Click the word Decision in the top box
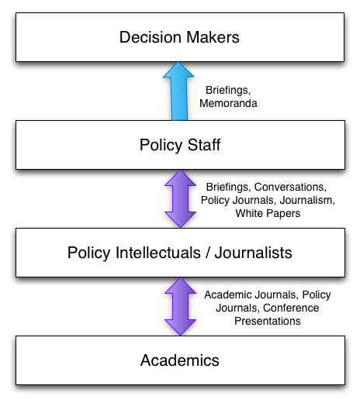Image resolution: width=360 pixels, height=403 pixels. coord(150,37)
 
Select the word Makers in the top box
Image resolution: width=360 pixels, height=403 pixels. coord(213,37)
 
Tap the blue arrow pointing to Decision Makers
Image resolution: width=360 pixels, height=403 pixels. coord(178,91)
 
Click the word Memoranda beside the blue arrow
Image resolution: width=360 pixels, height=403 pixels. coord(228,103)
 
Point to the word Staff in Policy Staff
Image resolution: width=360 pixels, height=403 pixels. coord(204,145)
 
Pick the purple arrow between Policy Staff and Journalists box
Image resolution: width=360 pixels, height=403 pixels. coord(180,198)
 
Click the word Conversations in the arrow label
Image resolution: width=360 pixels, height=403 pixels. coord(290,187)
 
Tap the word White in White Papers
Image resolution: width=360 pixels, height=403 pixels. coord(249,213)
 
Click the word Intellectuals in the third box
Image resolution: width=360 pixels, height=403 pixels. coord(158,253)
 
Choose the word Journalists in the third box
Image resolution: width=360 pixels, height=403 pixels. coord(254,253)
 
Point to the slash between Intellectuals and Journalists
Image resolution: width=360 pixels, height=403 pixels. coord(208,253)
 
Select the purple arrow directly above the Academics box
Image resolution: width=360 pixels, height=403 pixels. coord(180,306)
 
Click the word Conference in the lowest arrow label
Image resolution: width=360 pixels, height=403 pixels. coord(291,308)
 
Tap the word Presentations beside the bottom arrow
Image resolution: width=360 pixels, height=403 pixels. coord(268,321)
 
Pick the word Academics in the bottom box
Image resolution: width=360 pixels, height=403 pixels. coord(180,360)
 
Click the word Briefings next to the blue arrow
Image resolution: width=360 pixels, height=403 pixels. coord(228,91)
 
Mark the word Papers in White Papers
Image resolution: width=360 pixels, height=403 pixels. coord(283,214)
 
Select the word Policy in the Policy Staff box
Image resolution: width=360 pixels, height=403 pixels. coord(161,145)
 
